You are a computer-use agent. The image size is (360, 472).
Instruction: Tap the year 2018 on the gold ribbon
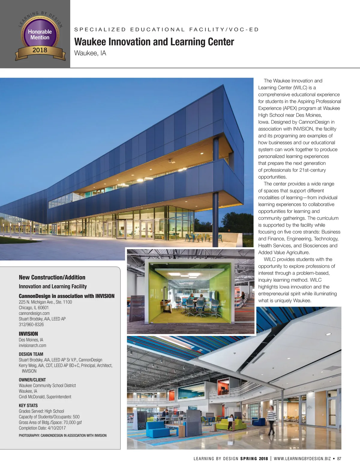pyautogui.click(x=40, y=50)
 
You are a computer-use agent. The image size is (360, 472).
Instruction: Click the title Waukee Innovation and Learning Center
pyautogui.click(x=154, y=42)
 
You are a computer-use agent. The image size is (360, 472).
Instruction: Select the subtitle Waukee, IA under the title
pyautogui.click(x=90, y=53)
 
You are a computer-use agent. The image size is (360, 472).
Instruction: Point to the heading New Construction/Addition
pyautogui.click(x=52, y=277)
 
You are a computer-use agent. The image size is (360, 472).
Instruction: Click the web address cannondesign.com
pyautogui.click(x=34, y=313)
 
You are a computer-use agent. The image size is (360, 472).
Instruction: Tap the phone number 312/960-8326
pyautogui.click(x=31, y=325)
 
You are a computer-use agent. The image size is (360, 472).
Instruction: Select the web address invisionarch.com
pyautogui.click(x=32, y=346)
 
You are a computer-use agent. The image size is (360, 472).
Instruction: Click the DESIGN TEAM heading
pyautogui.click(x=31, y=354)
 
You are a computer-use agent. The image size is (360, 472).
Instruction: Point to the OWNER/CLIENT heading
pyautogui.click(x=32, y=380)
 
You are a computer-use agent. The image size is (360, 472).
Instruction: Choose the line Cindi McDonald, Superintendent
pyautogui.click(x=45, y=397)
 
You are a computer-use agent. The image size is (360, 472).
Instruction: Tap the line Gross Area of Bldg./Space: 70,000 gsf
pyautogui.click(x=50, y=423)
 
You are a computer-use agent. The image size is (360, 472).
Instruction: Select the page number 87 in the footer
pyautogui.click(x=339, y=459)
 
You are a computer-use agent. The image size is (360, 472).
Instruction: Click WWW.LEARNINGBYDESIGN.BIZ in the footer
pyautogui.click(x=302, y=459)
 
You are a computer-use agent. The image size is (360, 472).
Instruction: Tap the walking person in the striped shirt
pyautogui.click(x=271, y=420)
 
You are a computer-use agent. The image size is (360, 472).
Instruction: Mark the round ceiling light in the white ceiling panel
pyautogui.click(x=328, y=334)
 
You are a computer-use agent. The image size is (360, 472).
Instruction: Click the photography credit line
pyautogui.click(x=62, y=435)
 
